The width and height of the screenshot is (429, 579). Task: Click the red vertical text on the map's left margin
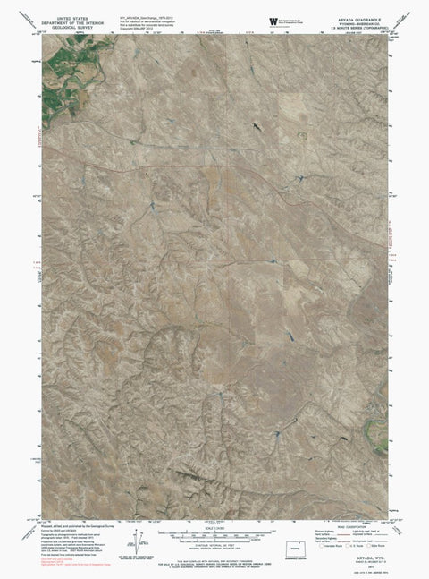point(38,140)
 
